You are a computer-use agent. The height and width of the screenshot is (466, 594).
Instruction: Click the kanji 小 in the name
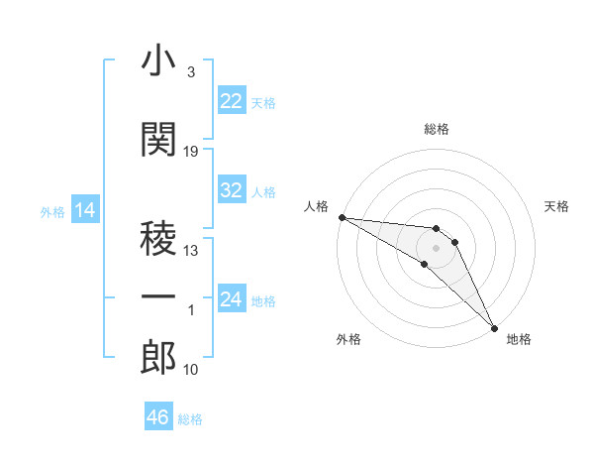pyautogui.click(x=158, y=62)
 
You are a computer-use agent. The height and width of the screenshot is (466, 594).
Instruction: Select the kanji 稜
pyautogui.click(x=158, y=239)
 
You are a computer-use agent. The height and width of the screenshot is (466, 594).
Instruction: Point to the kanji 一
pyautogui.click(x=158, y=297)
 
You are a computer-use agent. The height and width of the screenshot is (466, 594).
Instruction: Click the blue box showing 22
pyautogui.click(x=232, y=101)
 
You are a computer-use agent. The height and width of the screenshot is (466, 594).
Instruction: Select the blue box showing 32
pyautogui.click(x=232, y=191)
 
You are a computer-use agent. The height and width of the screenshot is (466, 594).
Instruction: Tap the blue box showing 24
pyautogui.click(x=232, y=300)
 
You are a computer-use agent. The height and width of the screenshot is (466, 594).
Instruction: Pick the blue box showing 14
pyautogui.click(x=84, y=210)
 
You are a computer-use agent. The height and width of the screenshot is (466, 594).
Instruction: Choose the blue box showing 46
pyautogui.click(x=157, y=417)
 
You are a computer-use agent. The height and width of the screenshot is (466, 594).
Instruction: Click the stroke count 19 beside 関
pyautogui.click(x=191, y=152)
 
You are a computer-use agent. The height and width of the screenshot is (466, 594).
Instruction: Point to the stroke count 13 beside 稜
pyautogui.click(x=191, y=252)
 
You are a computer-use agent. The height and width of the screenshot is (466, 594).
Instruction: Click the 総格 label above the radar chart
pyautogui.click(x=437, y=129)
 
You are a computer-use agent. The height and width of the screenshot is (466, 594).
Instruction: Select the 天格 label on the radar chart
pyautogui.click(x=557, y=206)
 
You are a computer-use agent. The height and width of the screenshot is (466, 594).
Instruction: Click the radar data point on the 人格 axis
pyautogui.click(x=342, y=217)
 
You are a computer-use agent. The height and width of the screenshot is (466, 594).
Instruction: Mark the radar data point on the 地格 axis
pyautogui.click(x=494, y=327)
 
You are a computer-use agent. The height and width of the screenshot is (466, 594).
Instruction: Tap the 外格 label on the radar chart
pyautogui.click(x=348, y=339)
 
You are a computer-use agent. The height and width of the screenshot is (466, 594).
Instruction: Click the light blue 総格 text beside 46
pyautogui.click(x=190, y=419)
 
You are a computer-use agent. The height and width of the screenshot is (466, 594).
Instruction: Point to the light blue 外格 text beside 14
pyautogui.click(x=51, y=212)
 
